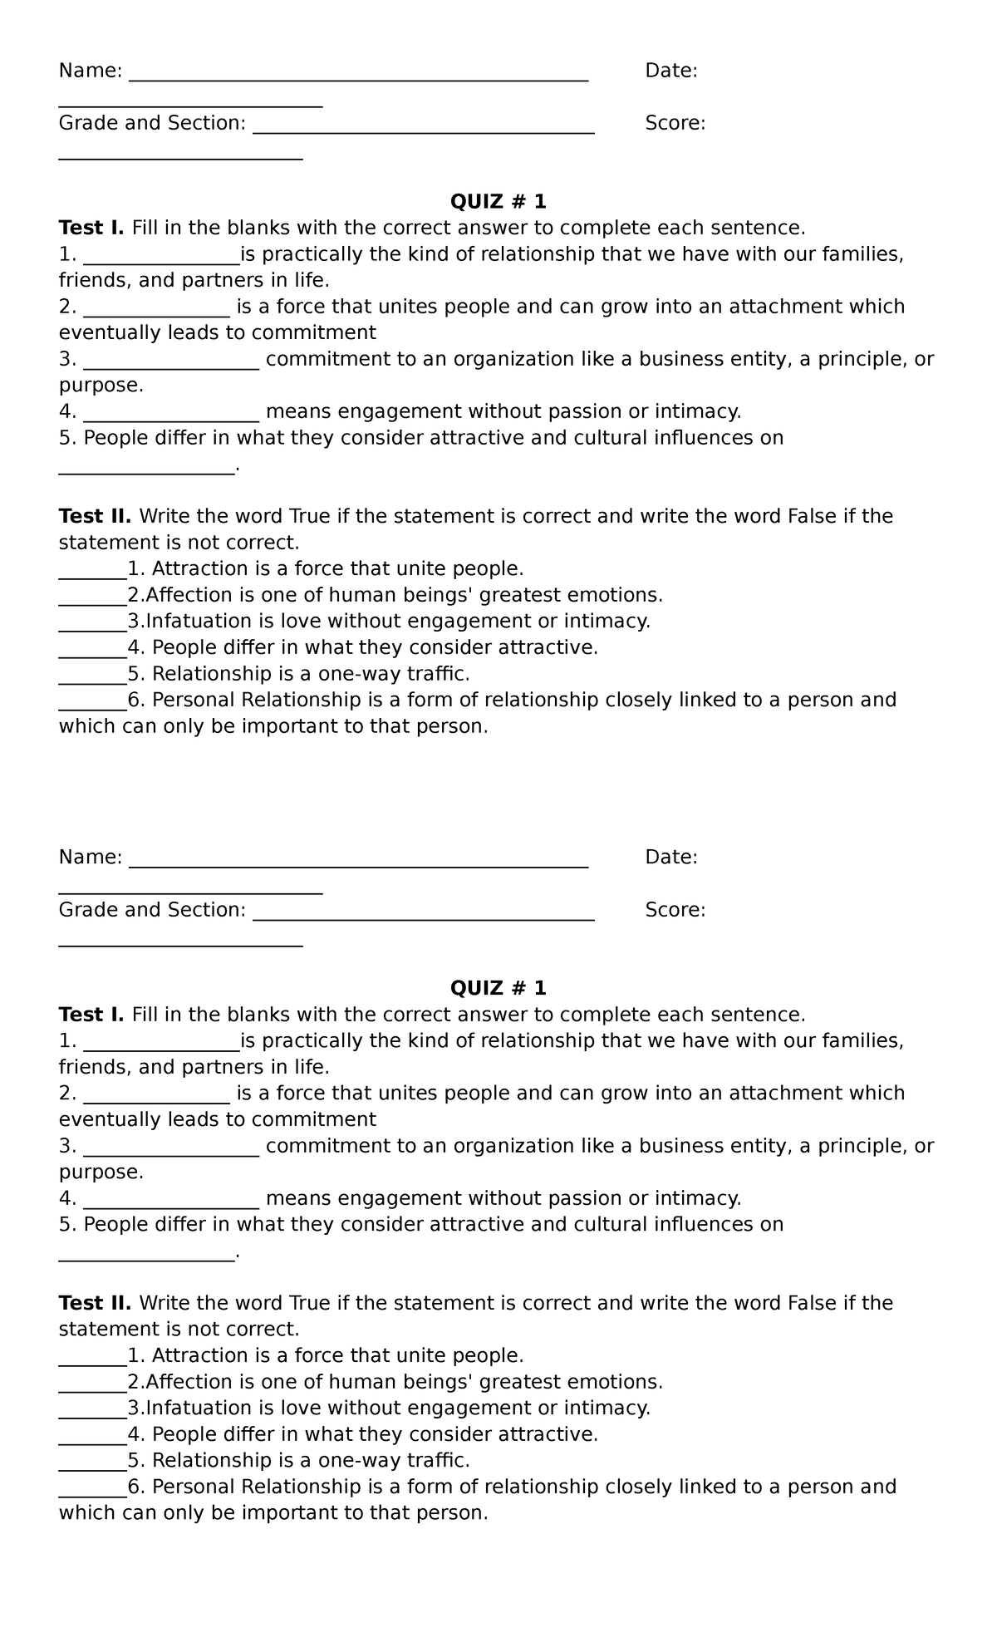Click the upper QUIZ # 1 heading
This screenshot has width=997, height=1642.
[x=498, y=202]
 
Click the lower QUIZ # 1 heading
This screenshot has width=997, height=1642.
[x=498, y=988]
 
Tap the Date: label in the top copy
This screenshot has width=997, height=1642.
[x=671, y=71]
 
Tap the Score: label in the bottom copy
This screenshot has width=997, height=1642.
[x=675, y=910]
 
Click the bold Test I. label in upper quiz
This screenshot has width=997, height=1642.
[x=91, y=228]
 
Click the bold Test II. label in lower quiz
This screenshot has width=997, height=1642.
[x=95, y=1303]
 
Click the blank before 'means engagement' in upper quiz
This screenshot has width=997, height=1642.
[x=172, y=415]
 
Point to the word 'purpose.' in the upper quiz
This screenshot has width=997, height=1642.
[x=101, y=386]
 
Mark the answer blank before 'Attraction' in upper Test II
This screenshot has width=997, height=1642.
[x=91, y=573]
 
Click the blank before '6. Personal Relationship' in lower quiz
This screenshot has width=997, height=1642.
[x=91, y=1492]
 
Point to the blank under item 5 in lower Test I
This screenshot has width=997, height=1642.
[x=147, y=1256]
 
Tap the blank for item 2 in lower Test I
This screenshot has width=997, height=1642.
[x=156, y=1098]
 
